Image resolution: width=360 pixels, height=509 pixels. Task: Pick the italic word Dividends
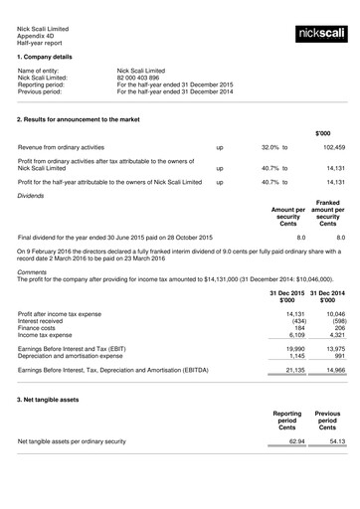point(34,196)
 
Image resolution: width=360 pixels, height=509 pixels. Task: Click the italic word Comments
point(32,271)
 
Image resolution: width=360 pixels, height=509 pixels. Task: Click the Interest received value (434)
point(291,321)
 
